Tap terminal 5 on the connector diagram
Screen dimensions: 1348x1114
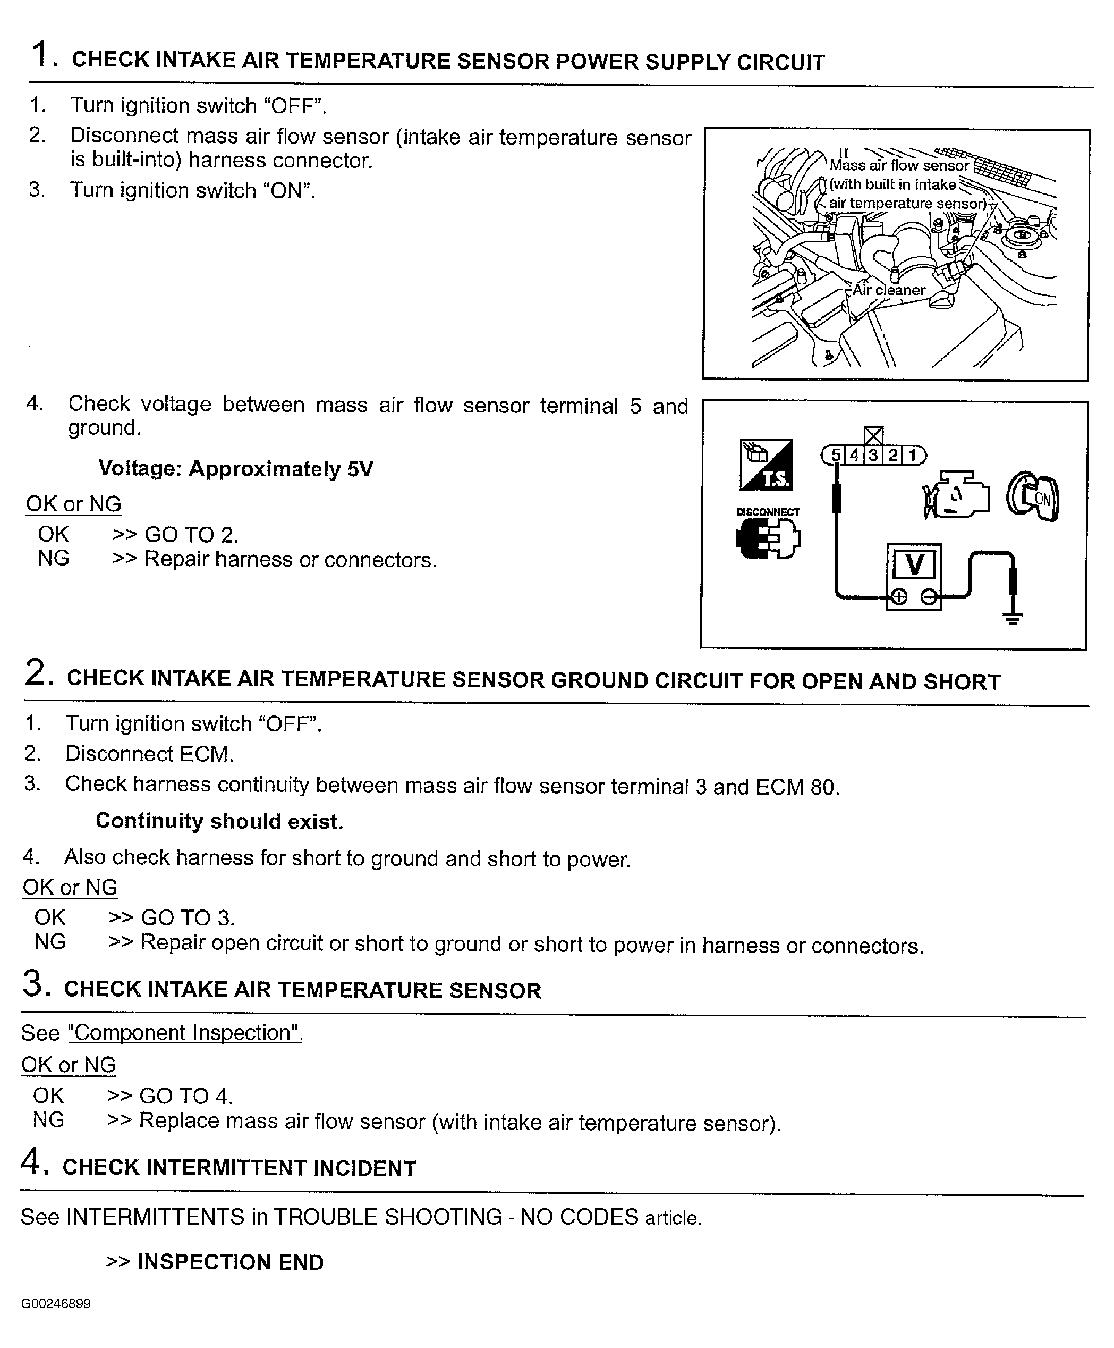(x=835, y=455)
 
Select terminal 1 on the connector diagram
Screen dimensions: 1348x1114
(x=911, y=455)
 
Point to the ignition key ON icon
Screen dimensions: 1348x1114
(x=1033, y=498)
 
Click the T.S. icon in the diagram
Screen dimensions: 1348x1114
(x=766, y=465)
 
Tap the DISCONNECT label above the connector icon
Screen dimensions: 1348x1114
(x=768, y=511)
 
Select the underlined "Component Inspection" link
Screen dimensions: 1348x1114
(x=185, y=1033)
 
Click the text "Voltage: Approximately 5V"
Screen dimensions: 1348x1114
(x=235, y=469)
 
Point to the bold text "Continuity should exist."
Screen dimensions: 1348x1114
(x=219, y=821)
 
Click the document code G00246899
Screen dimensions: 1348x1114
(x=56, y=1304)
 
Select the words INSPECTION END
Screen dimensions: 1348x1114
(x=231, y=1262)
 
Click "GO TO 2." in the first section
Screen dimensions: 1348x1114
(x=191, y=535)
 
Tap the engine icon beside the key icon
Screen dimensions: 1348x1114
(x=956, y=495)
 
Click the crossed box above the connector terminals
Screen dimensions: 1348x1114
(x=873, y=436)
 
